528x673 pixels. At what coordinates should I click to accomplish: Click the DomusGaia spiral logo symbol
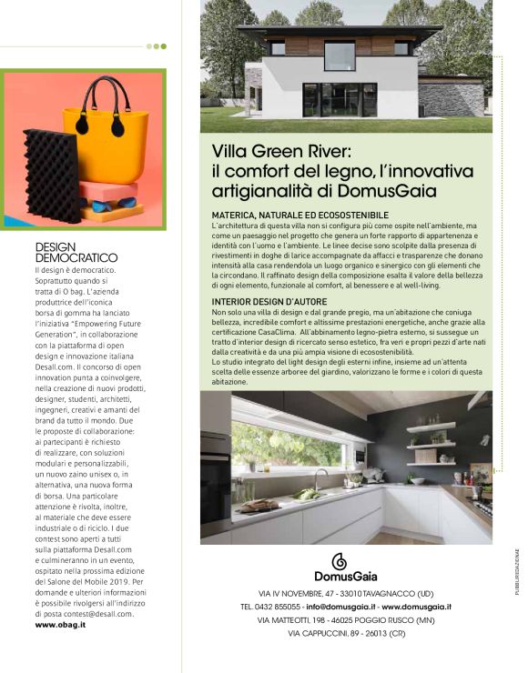click(340, 560)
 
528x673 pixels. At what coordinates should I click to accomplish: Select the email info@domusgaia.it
click(340, 605)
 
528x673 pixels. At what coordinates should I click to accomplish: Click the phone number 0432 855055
click(277, 605)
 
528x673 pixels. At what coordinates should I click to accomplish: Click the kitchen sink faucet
click(318, 477)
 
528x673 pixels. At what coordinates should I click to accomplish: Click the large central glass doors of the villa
click(339, 99)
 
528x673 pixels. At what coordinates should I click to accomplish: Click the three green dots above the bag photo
click(157, 45)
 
